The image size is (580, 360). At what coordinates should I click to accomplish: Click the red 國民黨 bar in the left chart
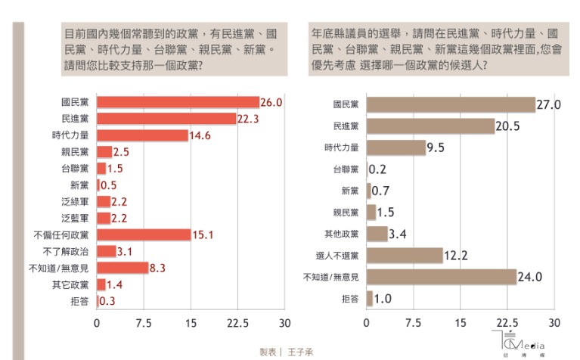(x=178, y=102)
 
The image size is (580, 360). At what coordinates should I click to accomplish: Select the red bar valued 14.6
(x=142, y=135)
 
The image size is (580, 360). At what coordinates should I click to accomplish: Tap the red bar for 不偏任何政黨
(x=144, y=234)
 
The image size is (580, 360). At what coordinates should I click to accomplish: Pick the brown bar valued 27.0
(x=451, y=105)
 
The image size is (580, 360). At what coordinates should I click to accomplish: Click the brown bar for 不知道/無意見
(x=442, y=277)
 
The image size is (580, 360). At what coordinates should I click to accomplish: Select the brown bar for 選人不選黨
(x=405, y=256)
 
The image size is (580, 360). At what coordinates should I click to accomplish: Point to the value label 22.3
(x=249, y=119)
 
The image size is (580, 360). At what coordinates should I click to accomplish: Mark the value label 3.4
(x=398, y=234)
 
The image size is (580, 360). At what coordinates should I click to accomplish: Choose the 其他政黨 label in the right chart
(x=343, y=234)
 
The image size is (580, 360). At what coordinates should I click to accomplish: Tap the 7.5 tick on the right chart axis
(x=413, y=323)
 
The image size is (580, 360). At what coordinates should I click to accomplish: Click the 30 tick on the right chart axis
(x=554, y=323)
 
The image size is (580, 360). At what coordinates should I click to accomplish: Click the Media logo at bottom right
(x=523, y=343)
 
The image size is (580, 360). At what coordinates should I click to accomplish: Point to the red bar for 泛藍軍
(x=104, y=218)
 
